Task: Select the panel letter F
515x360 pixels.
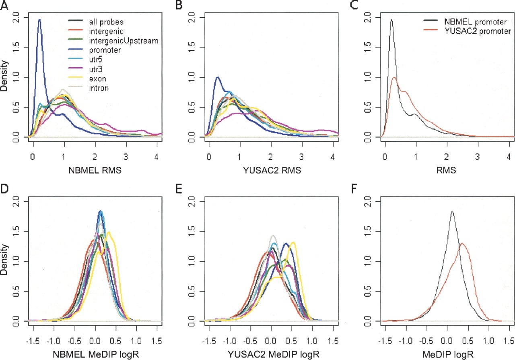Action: pos(354,189)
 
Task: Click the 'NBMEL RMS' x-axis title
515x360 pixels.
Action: pos(95,170)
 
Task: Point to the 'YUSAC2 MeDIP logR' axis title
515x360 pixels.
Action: pos(274,354)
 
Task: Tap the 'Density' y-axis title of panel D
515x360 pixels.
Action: pos(4,260)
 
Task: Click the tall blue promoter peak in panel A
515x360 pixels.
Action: pos(39,20)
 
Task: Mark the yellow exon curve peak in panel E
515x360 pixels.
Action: pos(293,242)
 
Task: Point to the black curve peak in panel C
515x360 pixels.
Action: pos(391,20)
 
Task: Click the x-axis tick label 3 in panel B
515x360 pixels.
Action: pos(301,157)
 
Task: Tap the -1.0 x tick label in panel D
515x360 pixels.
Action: pos(54,341)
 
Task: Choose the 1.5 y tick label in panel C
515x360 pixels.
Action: pos(368,48)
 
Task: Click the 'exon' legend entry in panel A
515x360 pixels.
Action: pos(98,79)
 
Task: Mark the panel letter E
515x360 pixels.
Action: pos(178,189)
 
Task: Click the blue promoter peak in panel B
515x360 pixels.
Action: pos(217,77)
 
